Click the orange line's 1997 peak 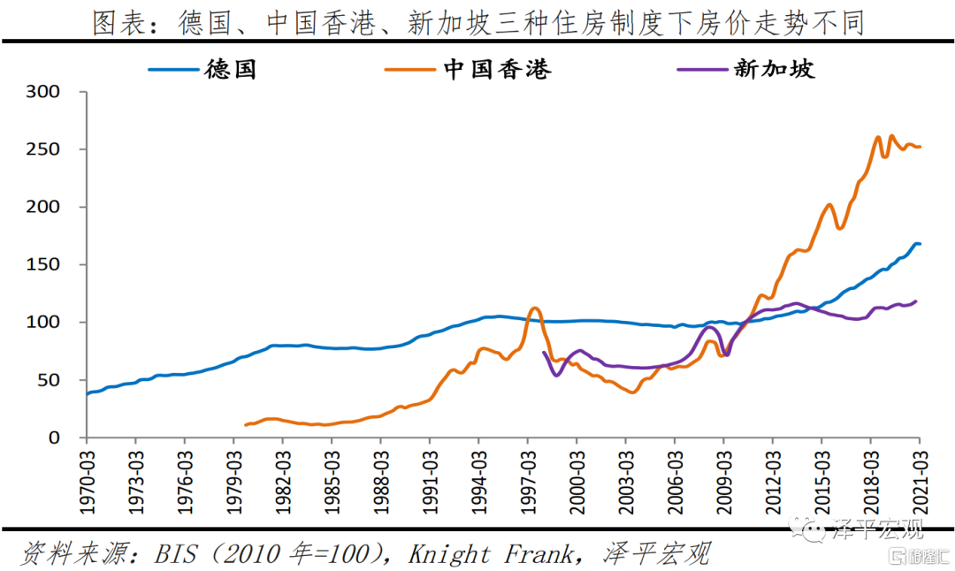click(x=534, y=308)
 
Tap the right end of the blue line click(x=920, y=244)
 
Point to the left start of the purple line click(x=544, y=352)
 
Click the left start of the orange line click(x=246, y=425)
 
